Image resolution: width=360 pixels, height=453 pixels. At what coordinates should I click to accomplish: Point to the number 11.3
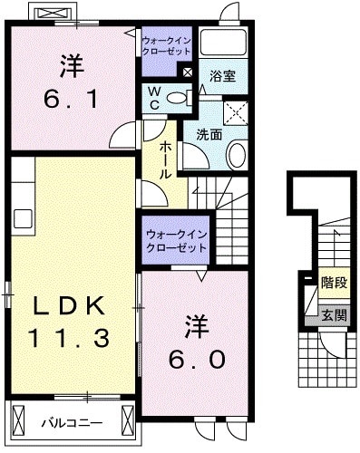tap(72, 338)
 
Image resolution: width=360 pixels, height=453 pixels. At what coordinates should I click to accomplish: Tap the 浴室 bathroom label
tap(222, 76)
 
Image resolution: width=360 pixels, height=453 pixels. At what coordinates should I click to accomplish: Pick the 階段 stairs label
tap(333, 283)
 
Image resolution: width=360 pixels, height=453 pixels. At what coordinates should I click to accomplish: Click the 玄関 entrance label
tap(333, 315)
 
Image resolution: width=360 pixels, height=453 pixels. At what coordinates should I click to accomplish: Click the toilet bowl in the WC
tap(178, 97)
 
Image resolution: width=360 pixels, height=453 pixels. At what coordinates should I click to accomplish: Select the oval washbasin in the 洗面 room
tap(235, 155)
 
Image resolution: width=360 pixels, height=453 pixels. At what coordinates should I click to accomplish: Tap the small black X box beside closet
tap(188, 72)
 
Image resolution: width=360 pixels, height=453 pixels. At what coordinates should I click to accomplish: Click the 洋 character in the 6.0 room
tap(194, 323)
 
